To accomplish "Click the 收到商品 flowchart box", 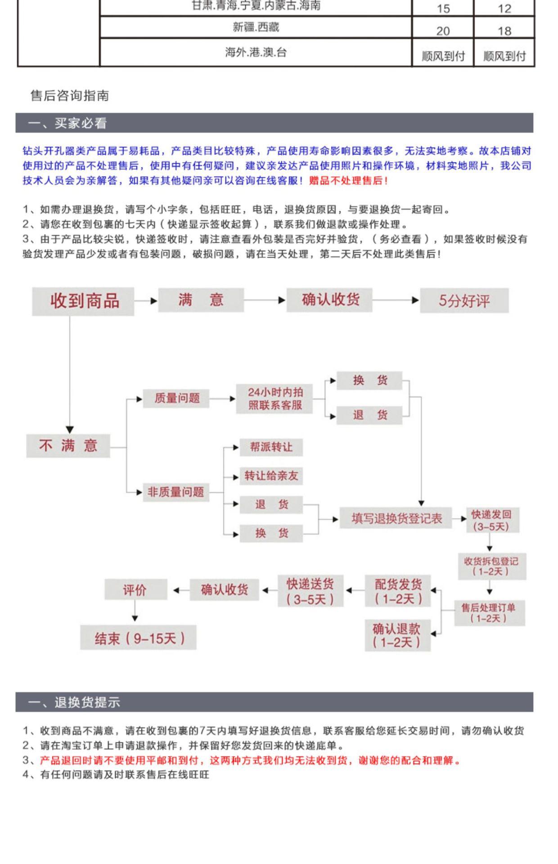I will click(83, 301).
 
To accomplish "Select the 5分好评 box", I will click(464, 301).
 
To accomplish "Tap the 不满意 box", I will click(68, 445).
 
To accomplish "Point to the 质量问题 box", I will click(176, 398).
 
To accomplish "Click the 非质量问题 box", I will click(175, 492).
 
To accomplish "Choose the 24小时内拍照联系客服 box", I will click(274, 399).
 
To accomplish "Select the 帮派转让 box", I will click(271, 447).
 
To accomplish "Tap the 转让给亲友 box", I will click(271, 476).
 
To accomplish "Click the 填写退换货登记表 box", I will click(396, 518).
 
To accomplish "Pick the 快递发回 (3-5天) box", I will click(492, 520).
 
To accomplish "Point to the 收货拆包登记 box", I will click(491, 566).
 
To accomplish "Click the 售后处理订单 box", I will click(489, 613).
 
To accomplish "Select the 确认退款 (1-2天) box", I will click(397, 635).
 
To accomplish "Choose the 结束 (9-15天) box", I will click(139, 638).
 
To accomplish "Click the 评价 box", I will click(135, 589).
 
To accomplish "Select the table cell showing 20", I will click(443, 30).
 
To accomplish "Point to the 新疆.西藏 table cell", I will click(256, 27).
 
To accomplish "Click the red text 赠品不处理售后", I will click(347, 181).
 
